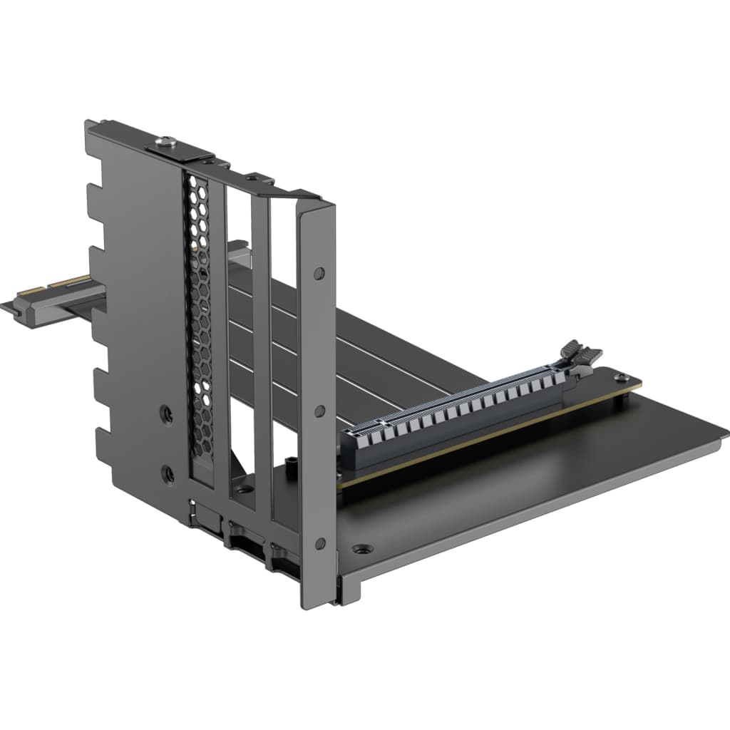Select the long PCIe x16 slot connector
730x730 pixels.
point(456,413)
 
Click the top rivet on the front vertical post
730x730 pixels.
point(319,272)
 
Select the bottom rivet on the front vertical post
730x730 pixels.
point(321,544)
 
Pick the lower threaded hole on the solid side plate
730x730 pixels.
point(168,471)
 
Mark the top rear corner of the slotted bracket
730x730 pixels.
point(88,123)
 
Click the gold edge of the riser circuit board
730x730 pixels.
point(485,442)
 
